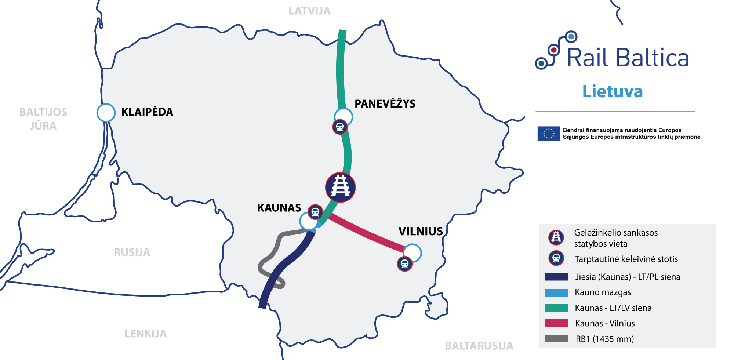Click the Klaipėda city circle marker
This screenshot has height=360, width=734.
(106, 113)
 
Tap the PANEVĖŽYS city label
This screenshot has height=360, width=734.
(385, 104)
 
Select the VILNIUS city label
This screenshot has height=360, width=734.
(421, 231)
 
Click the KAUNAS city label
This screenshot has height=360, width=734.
(279, 208)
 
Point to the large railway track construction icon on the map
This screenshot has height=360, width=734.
(340, 187)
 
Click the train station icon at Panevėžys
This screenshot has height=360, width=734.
(340, 127)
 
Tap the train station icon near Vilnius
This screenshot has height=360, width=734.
(405, 264)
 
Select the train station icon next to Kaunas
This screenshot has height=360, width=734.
(315, 212)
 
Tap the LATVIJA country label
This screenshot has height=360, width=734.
(309, 11)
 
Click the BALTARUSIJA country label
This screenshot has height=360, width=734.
(479, 346)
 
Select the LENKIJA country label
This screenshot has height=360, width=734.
(145, 334)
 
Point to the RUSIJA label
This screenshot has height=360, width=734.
(132, 252)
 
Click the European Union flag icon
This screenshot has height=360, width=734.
(549, 134)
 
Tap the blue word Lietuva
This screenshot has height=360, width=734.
(613, 91)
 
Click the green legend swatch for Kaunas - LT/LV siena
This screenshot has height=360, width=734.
(556, 308)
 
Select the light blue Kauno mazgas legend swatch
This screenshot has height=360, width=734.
(556, 292)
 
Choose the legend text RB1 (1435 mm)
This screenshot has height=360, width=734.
(604, 339)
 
